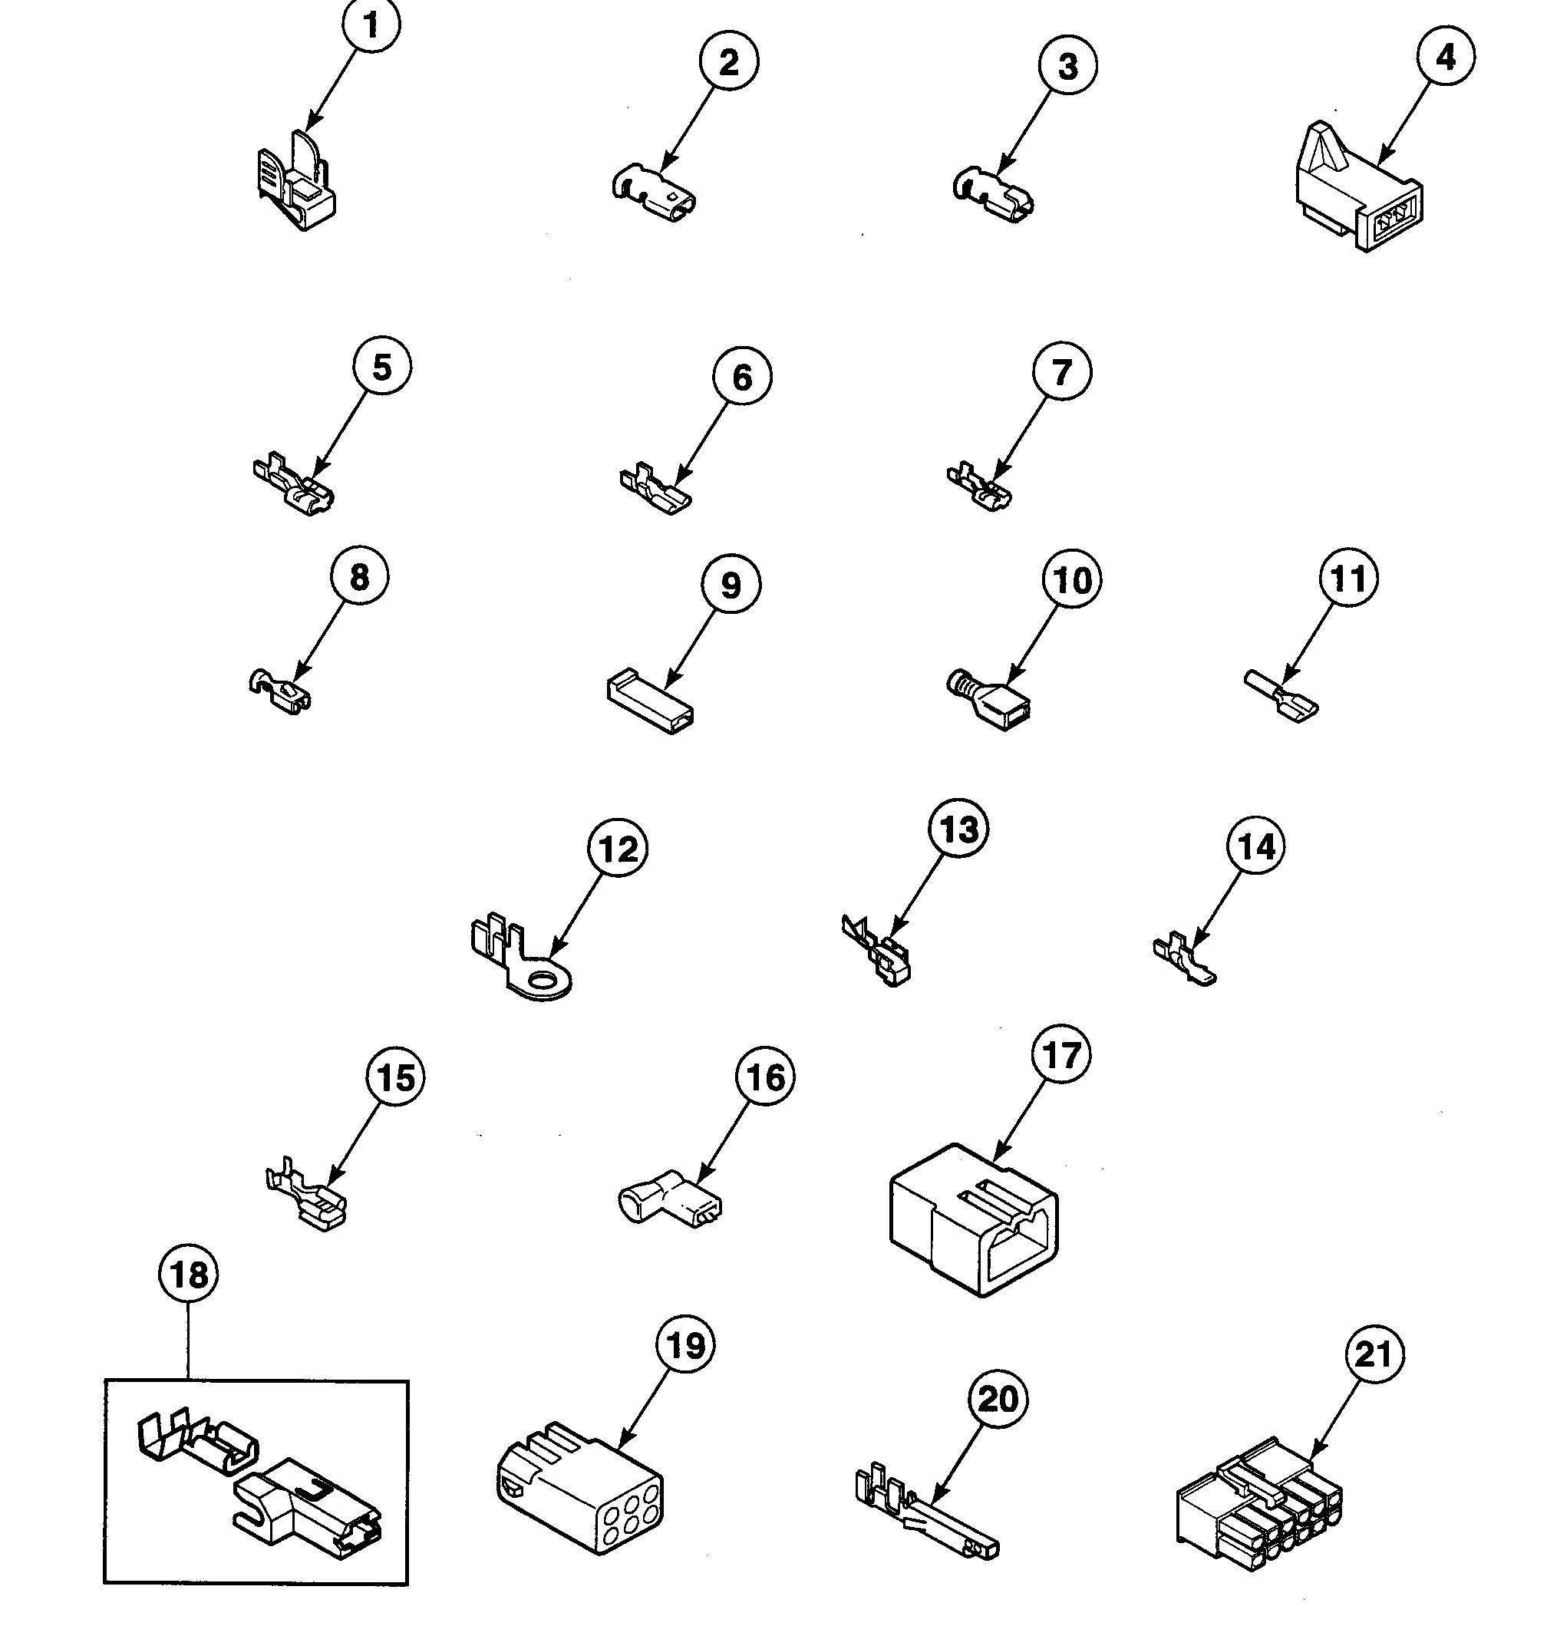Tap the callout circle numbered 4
[1445, 57]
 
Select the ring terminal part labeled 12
[519, 958]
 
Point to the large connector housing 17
[974, 1219]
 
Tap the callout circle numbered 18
[188, 1274]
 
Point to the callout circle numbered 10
[1072, 580]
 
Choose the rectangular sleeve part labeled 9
[649, 703]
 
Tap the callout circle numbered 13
[959, 829]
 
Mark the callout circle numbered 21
[1374, 1354]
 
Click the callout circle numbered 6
[741, 377]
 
